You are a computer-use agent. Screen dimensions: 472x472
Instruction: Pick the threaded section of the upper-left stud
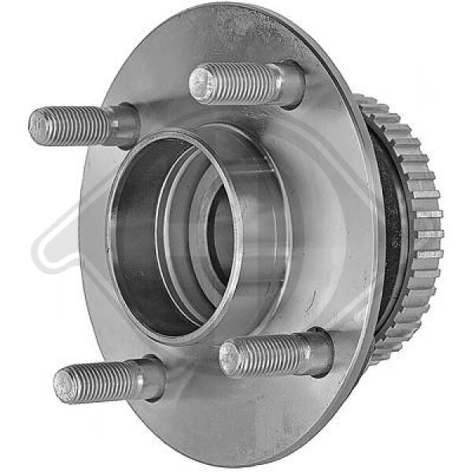[x=75, y=124]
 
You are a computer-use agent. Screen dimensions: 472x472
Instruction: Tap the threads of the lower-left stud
[x=98, y=382]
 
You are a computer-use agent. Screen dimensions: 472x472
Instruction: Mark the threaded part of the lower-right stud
[x=264, y=355]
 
